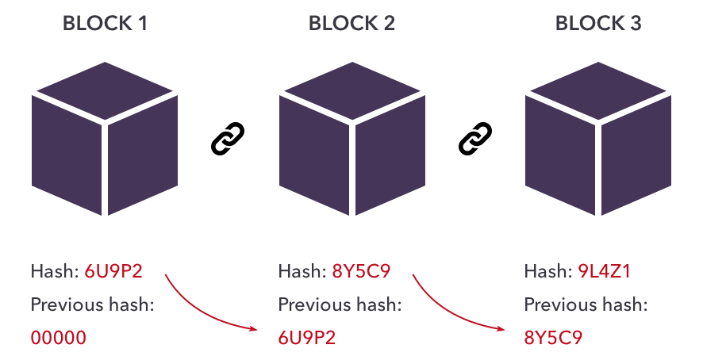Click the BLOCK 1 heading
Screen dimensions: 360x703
(x=105, y=23)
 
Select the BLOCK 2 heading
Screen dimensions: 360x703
(x=351, y=23)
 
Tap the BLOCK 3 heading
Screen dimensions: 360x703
(x=598, y=23)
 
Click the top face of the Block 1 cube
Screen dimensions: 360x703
(x=105, y=83)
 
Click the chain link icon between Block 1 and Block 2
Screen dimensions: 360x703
(x=229, y=139)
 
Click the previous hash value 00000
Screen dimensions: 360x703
(x=58, y=338)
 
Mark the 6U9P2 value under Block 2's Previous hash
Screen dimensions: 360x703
(x=306, y=338)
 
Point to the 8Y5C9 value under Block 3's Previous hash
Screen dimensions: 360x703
(x=553, y=338)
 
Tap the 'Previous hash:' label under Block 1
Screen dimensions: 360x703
(x=91, y=304)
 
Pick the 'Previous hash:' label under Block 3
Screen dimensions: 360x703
(x=586, y=304)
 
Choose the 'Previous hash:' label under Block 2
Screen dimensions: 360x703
(x=339, y=304)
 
